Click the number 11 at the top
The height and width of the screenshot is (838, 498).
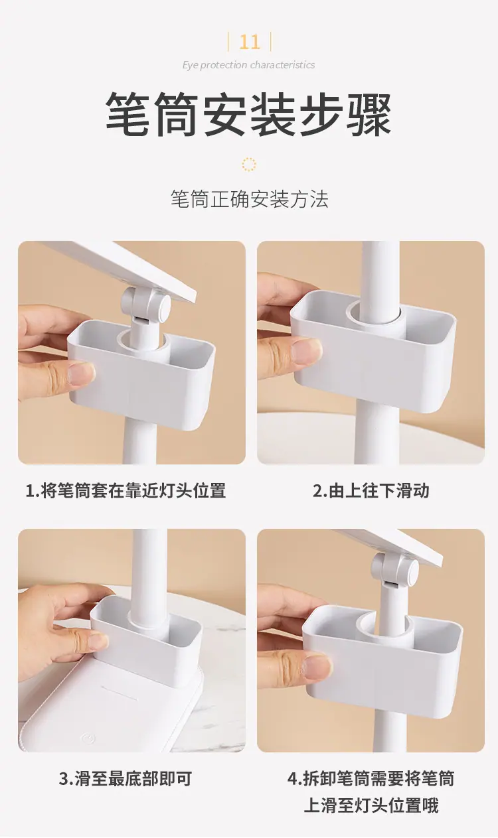tap(249, 42)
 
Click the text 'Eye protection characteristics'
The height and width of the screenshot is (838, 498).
tap(249, 65)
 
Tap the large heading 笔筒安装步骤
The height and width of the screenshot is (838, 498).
tap(249, 115)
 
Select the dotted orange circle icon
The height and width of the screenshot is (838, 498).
tap(249, 165)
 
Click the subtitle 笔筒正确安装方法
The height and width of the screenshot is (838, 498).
tap(249, 199)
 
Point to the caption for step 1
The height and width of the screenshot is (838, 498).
tap(126, 491)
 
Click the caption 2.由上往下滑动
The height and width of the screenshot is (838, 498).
tap(371, 491)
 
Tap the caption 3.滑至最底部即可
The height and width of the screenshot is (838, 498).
tap(126, 778)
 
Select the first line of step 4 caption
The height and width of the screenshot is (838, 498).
tap(371, 778)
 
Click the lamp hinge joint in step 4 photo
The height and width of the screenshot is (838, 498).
tap(396, 571)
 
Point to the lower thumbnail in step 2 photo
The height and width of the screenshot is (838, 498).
tap(306, 351)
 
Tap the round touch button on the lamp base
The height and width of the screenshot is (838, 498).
tap(88, 738)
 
